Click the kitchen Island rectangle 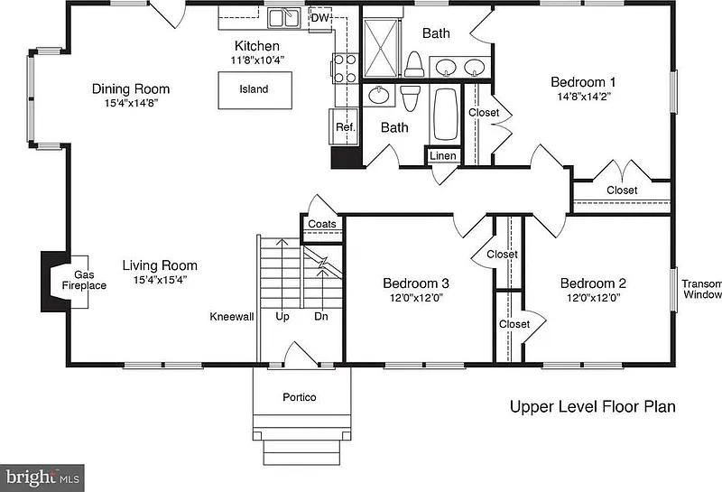255,90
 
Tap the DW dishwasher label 320,18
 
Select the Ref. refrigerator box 344,127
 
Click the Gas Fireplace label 84,280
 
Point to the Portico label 300,397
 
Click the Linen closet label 443,155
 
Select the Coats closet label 322,224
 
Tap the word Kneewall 232,317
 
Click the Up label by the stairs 282,317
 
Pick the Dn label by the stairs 321,317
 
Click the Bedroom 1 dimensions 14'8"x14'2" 583,97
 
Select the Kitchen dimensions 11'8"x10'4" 257,60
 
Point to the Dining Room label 131,88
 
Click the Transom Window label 702,289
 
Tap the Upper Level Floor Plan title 593,407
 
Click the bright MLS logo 42,478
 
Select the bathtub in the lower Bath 445,114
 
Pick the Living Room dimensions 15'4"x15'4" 160,280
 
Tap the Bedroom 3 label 416,283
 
